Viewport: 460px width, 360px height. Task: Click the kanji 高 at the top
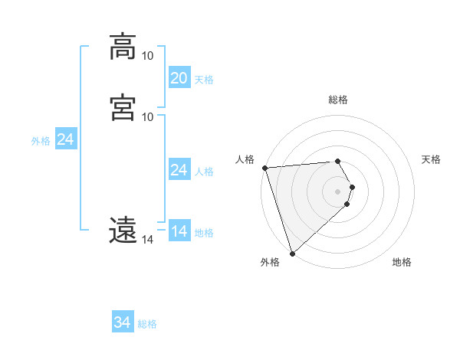click(x=123, y=47)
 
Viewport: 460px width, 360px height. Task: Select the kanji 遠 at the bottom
click(x=123, y=230)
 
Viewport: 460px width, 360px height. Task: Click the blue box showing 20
click(x=179, y=78)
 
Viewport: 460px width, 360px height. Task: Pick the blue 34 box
click(x=123, y=322)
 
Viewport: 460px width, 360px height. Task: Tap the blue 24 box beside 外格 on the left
click(x=66, y=139)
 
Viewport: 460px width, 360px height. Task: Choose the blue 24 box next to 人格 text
click(x=179, y=170)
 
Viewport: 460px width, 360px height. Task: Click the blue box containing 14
click(x=179, y=231)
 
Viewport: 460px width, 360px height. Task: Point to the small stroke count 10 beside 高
click(x=147, y=56)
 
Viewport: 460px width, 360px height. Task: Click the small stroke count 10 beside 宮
click(x=147, y=116)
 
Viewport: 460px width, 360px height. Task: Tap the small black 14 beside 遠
click(x=147, y=240)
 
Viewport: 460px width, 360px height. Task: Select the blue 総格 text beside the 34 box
click(x=147, y=324)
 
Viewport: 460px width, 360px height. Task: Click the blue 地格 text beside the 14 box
click(x=204, y=233)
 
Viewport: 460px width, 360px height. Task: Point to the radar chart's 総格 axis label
click(x=338, y=100)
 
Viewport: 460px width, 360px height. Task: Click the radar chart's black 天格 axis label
click(x=432, y=159)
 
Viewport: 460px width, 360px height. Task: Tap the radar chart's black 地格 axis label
click(x=402, y=262)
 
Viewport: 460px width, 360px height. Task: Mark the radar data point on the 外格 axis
click(x=292, y=253)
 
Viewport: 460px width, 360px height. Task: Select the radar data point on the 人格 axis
click(x=264, y=168)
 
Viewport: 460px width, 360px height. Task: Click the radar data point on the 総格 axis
click(x=338, y=162)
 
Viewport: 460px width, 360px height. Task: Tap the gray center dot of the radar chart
click(x=338, y=191)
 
